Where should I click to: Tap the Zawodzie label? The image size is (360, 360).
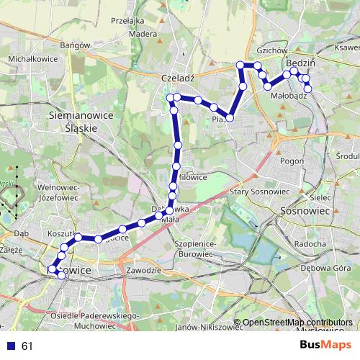[141, 269]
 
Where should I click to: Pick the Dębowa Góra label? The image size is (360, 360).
[329, 269]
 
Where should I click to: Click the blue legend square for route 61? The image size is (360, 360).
[10, 346]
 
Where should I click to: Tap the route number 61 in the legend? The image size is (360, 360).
[27, 346]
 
